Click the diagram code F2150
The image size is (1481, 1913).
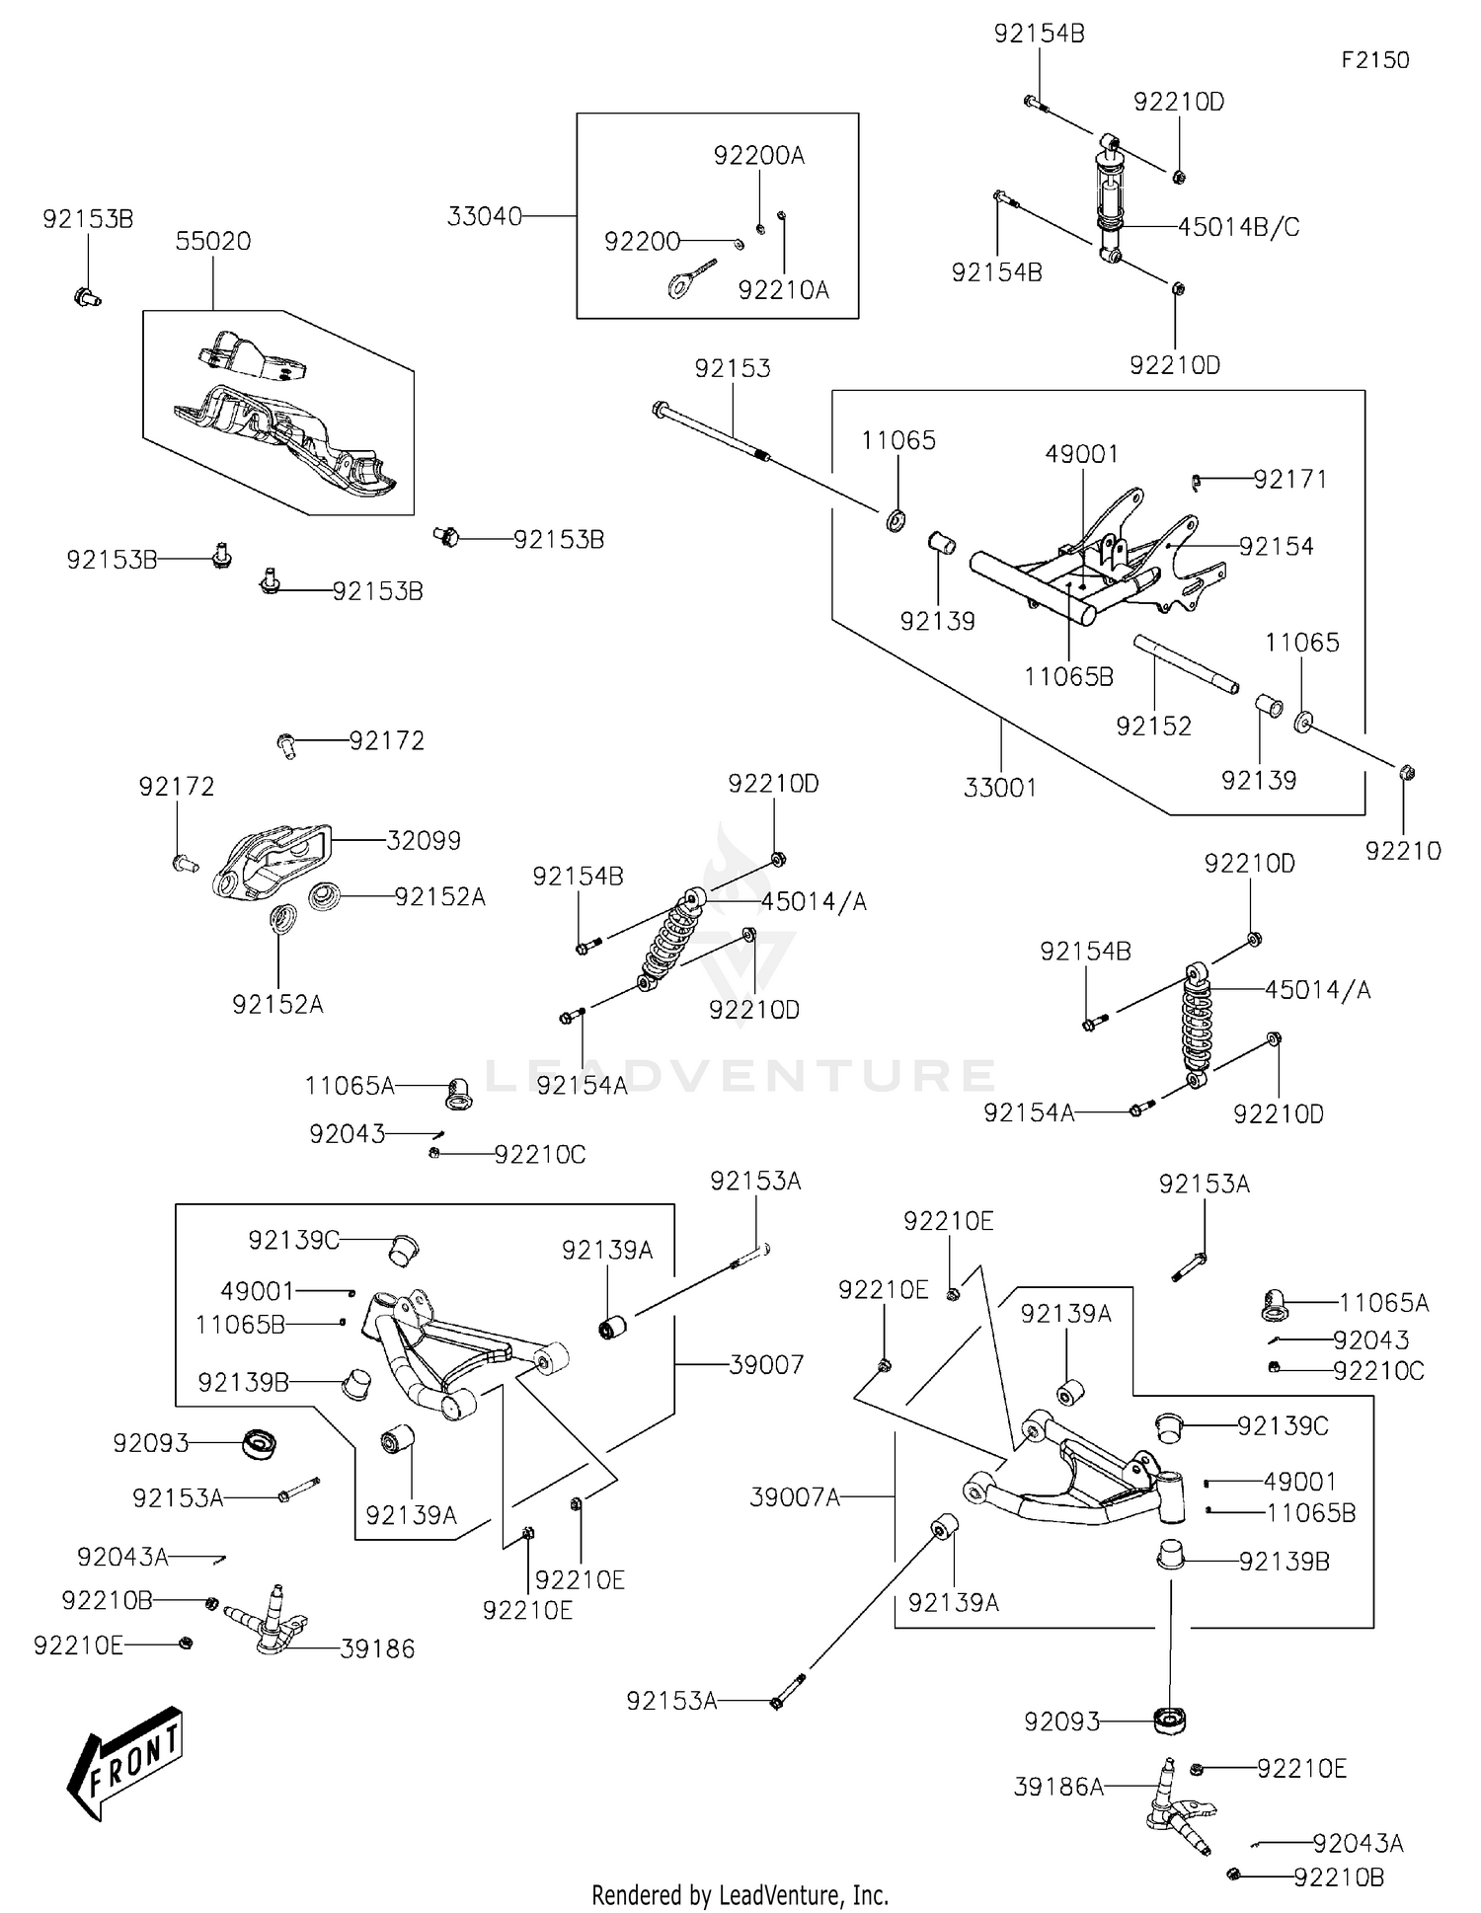pyautogui.click(x=1374, y=60)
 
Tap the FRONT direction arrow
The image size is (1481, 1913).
pyautogui.click(x=126, y=1762)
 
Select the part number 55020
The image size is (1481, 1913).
pyautogui.click(x=213, y=242)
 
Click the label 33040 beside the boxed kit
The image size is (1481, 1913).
pyautogui.click(x=484, y=216)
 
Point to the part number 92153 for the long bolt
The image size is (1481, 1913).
pyautogui.click(x=733, y=368)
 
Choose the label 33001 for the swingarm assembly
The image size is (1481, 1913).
pyautogui.click(x=1000, y=788)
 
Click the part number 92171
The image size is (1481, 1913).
pyautogui.click(x=1290, y=480)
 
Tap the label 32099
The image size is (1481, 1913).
pyautogui.click(x=424, y=841)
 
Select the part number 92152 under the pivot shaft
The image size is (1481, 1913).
pyautogui.click(x=1153, y=727)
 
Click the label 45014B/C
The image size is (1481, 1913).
pyautogui.click(x=1238, y=228)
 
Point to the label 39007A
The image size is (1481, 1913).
pyautogui.click(x=795, y=1498)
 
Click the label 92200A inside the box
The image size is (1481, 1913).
pyautogui.click(x=758, y=156)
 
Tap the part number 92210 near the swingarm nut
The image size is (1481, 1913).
pyautogui.click(x=1403, y=851)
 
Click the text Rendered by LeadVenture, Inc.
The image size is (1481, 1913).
pyautogui.click(x=740, y=1895)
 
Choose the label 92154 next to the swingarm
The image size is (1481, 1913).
pyautogui.click(x=1277, y=547)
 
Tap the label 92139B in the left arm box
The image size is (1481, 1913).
pyautogui.click(x=244, y=1383)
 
